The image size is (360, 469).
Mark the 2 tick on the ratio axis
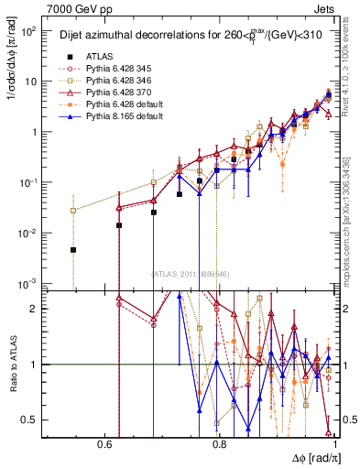pyautogui.click(x=37, y=309)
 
